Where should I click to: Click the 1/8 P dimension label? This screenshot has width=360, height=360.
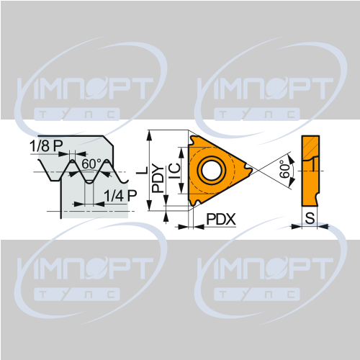(x=46, y=145)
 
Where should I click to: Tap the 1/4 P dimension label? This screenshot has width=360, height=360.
(x=120, y=195)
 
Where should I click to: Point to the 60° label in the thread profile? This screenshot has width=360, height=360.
(x=91, y=163)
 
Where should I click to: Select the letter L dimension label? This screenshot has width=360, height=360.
(x=143, y=170)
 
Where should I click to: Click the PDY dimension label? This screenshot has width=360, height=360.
(x=158, y=178)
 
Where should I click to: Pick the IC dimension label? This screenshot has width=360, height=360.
(x=174, y=171)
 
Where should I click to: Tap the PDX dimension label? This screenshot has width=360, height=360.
(x=221, y=219)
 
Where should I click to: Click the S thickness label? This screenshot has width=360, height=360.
(x=310, y=218)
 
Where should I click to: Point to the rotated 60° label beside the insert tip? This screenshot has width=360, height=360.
(x=285, y=169)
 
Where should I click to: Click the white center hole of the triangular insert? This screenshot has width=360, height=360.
(x=212, y=170)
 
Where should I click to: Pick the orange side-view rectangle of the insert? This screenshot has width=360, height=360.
(x=310, y=171)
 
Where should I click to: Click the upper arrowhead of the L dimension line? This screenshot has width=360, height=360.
(x=150, y=135)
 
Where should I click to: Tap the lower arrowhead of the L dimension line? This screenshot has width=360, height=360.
(x=150, y=205)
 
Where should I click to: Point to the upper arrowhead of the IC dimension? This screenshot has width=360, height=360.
(x=181, y=153)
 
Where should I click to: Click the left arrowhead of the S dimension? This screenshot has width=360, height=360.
(x=296, y=226)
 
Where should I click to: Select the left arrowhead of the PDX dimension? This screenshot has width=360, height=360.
(x=183, y=226)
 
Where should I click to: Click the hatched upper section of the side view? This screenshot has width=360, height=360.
(x=311, y=147)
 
